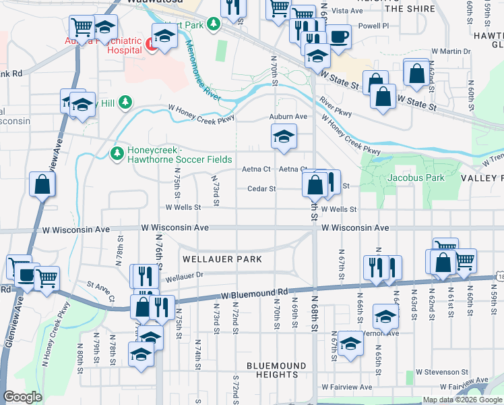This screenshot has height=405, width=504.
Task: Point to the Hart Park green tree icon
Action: click(214, 25)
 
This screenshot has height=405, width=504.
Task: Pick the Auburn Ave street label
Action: click(288, 117)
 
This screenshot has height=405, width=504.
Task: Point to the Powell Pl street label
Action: click(376, 26)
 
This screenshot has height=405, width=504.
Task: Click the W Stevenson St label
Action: click(442, 372)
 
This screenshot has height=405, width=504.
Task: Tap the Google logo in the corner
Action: click(23, 397)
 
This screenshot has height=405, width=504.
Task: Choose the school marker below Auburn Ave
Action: click(284, 137)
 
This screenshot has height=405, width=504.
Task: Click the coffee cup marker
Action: click(338, 36)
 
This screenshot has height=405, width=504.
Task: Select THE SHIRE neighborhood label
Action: click(410, 8)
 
